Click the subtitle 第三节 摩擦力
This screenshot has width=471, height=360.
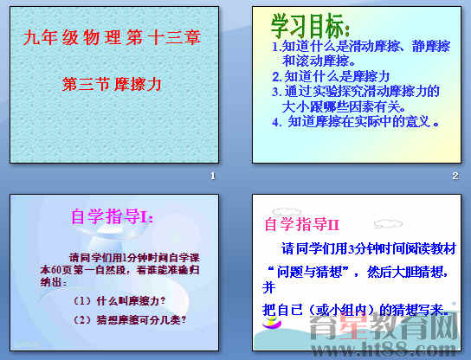tap(113, 84)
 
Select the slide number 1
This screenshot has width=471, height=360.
tap(212, 176)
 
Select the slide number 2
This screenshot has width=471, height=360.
tap(455, 176)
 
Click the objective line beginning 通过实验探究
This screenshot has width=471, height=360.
tap(356, 90)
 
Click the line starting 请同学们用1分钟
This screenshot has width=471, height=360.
tap(137, 257)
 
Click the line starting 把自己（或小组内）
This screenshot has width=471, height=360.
tap(355, 309)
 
